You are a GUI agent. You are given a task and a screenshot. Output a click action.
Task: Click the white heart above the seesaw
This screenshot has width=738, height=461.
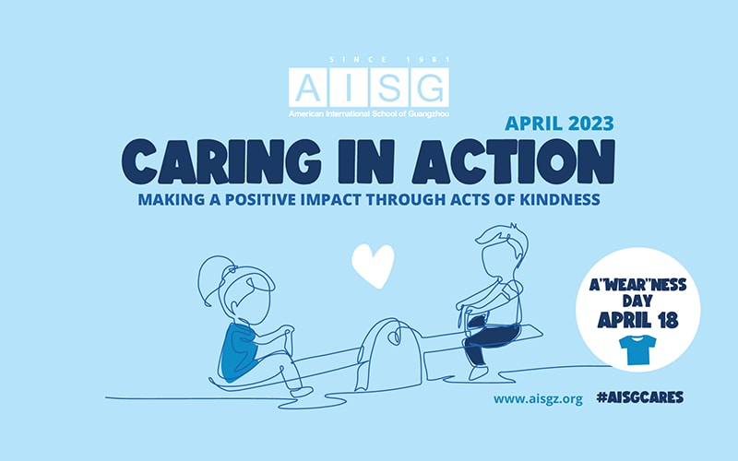pyautogui.click(x=373, y=266)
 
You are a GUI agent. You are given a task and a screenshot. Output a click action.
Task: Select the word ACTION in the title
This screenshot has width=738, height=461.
pyautogui.click(x=531, y=161)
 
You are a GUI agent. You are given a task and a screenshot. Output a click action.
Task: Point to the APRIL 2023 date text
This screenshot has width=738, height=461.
pyautogui.click(x=560, y=122)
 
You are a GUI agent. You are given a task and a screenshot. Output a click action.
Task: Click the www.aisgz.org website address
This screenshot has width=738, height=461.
pyautogui.click(x=538, y=398)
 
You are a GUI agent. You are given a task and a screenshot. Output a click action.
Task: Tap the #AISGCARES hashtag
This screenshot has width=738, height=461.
pyautogui.click(x=640, y=398)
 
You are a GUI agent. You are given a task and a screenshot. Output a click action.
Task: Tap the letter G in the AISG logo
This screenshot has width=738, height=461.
pyautogui.click(x=429, y=87)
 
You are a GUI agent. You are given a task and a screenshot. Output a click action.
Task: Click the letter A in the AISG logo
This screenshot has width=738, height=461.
pyautogui.click(x=307, y=87)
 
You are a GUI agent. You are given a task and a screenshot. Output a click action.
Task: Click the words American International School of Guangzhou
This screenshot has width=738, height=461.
pyautogui.click(x=369, y=112)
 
